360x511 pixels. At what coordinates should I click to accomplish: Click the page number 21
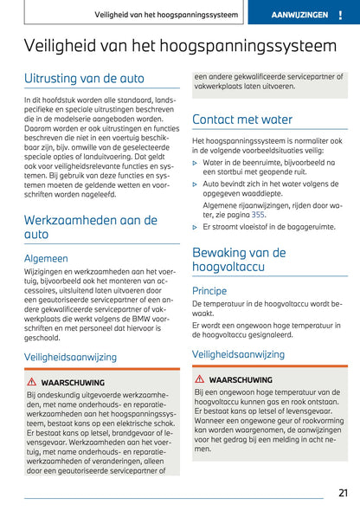pyautogui.click(x=342, y=493)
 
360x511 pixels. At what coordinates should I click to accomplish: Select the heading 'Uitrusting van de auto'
pyautogui.click(x=84, y=79)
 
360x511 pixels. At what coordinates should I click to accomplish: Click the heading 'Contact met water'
pyautogui.click(x=242, y=119)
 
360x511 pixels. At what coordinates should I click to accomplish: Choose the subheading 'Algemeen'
pyautogui.click(x=46, y=257)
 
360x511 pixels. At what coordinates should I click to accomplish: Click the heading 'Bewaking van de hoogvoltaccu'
pyautogui.click(x=239, y=261)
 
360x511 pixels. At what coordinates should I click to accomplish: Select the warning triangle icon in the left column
pyautogui.click(x=31, y=382)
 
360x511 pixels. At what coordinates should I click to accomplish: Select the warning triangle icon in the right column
pyautogui.click(x=199, y=379)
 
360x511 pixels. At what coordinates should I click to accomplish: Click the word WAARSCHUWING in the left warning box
pyautogui.click(x=72, y=382)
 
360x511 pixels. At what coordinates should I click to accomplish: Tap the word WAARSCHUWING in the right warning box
pyautogui.click(x=240, y=379)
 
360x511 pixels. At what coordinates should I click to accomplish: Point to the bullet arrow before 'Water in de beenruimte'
pyautogui.click(x=195, y=161)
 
